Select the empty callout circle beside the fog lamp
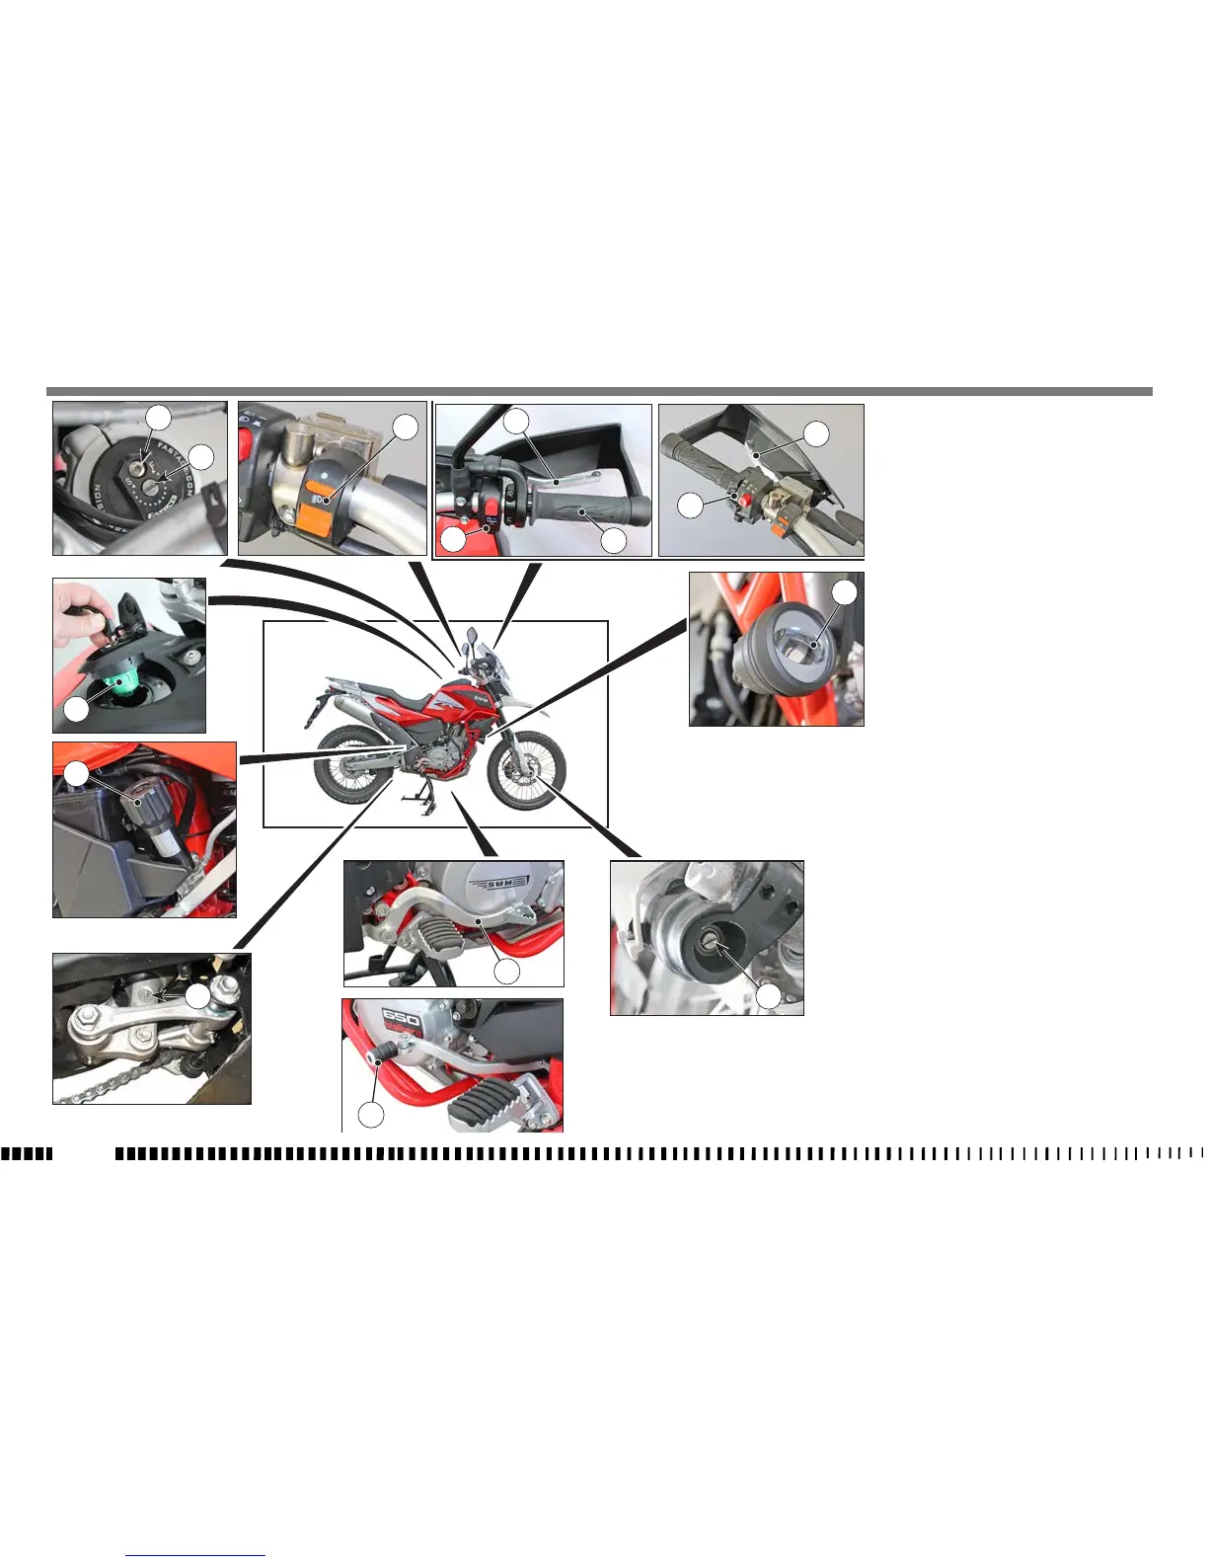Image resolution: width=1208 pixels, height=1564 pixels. (x=845, y=591)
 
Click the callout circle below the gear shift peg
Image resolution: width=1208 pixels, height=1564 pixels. (x=370, y=1114)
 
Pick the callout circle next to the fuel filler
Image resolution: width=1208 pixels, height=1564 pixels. (x=75, y=709)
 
